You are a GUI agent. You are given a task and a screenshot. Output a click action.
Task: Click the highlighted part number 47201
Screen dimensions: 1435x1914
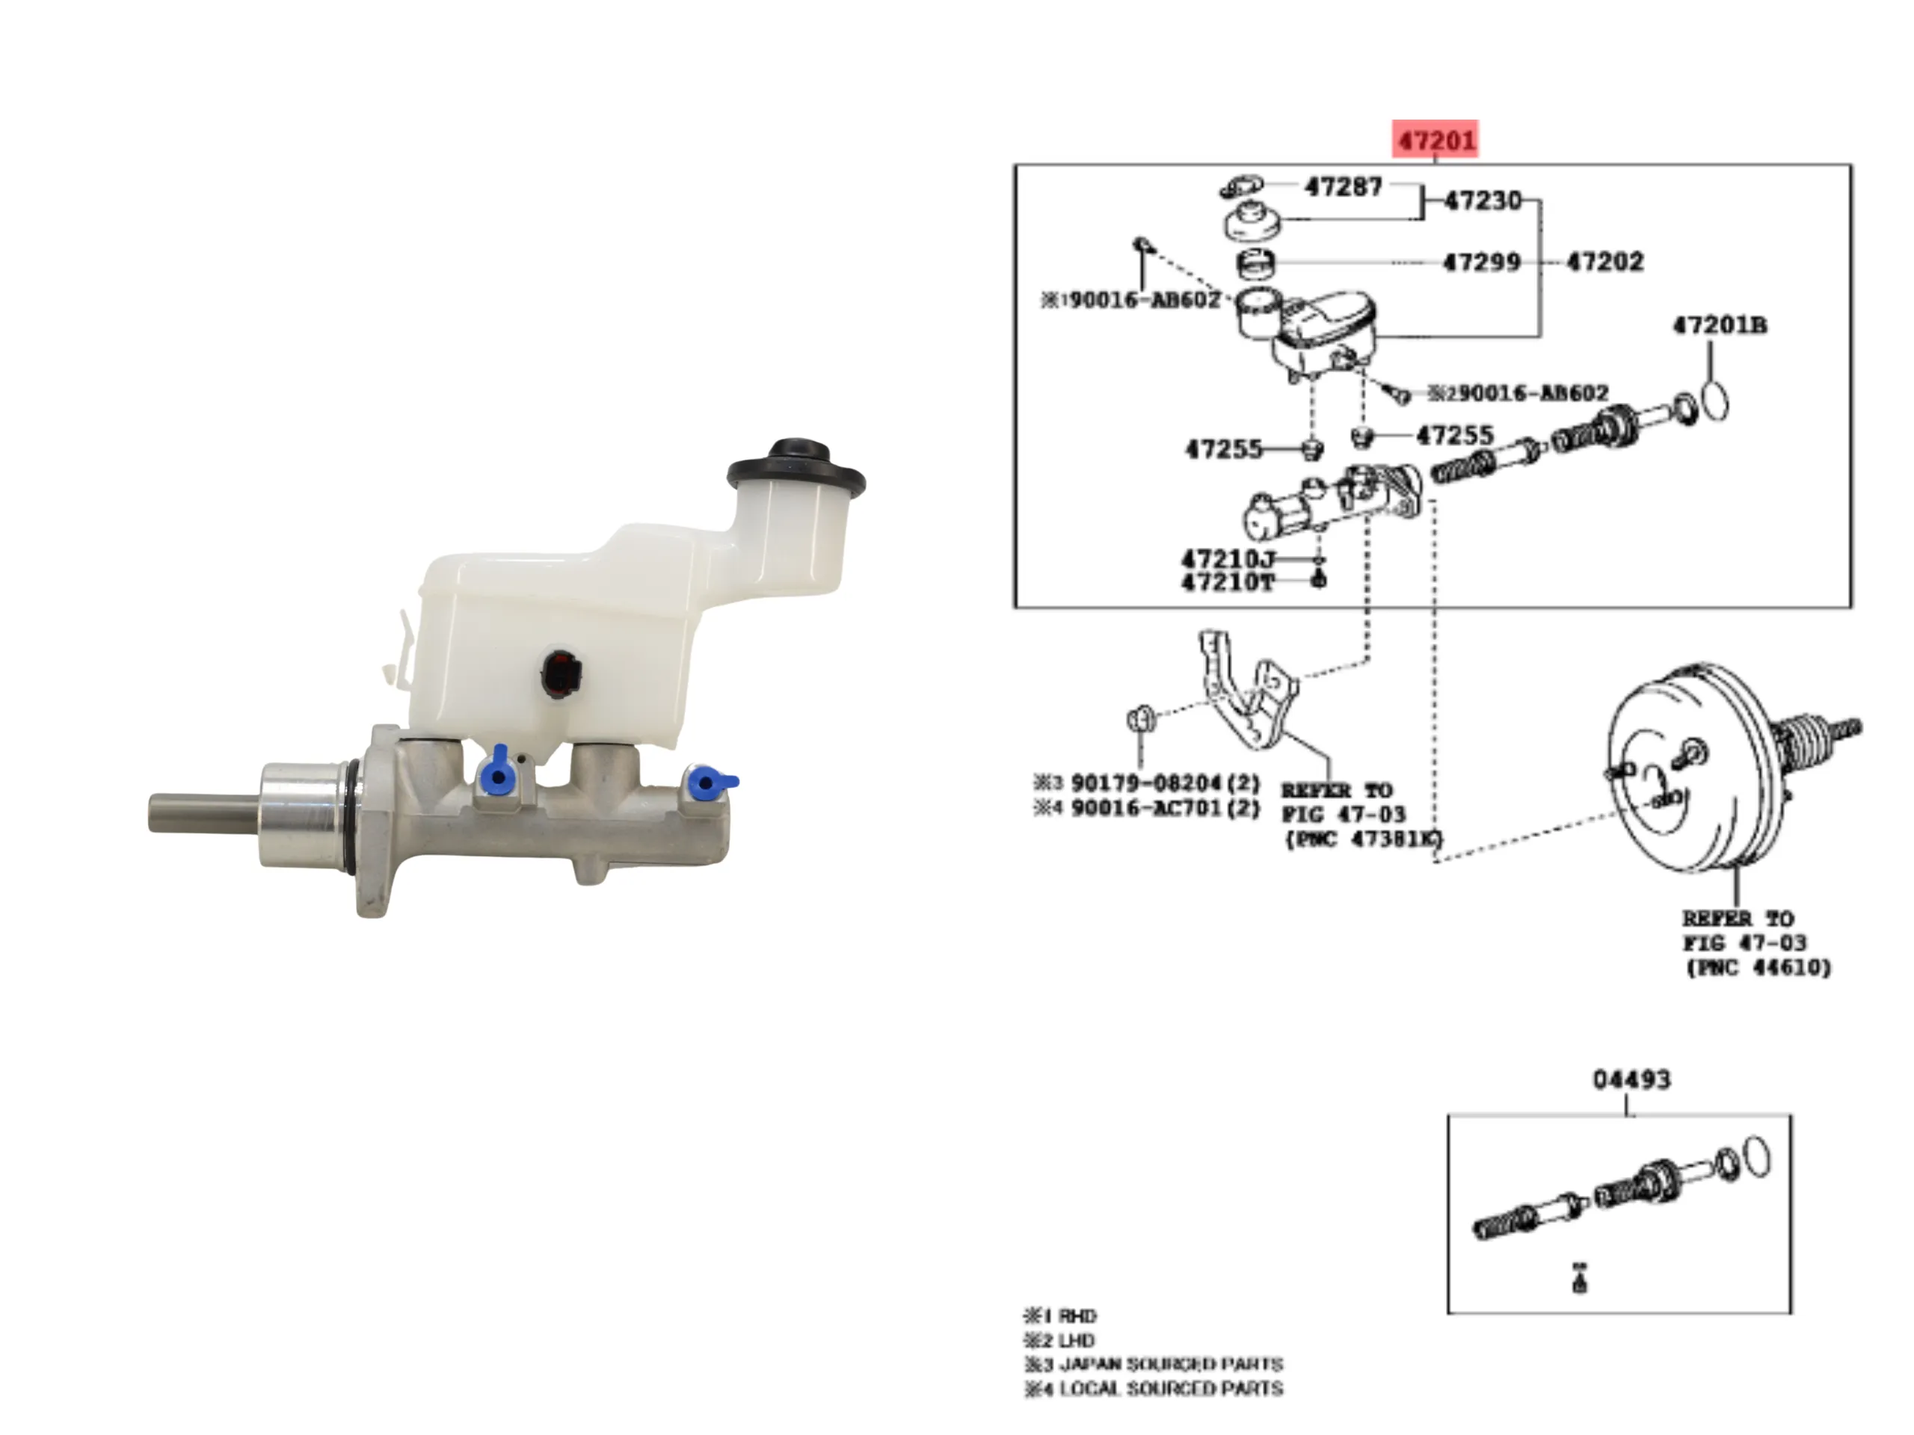click(1435, 139)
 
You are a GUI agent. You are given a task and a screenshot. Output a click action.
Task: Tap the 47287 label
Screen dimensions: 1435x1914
click(1343, 186)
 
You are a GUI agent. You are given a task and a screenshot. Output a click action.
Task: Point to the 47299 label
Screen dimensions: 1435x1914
click(1481, 262)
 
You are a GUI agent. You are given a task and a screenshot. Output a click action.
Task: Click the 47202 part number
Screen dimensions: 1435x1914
click(1604, 262)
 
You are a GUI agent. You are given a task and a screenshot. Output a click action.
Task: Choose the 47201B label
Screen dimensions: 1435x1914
click(1720, 326)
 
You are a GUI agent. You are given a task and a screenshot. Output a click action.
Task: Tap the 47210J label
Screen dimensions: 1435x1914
click(1228, 560)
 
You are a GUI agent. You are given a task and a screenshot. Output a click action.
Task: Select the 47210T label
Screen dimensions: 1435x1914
click(1228, 583)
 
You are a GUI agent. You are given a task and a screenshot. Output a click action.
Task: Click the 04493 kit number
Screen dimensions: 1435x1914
click(1631, 1079)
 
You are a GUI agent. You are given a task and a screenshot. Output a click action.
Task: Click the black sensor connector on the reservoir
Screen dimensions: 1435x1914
click(561, 673)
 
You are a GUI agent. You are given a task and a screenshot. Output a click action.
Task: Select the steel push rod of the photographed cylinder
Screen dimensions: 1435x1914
click(203, 813)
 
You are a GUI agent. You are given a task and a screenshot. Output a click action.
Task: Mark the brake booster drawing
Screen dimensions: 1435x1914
click(1696, 770)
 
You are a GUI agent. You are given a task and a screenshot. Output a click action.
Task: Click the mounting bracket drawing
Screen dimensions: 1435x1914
click(1246, 692)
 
